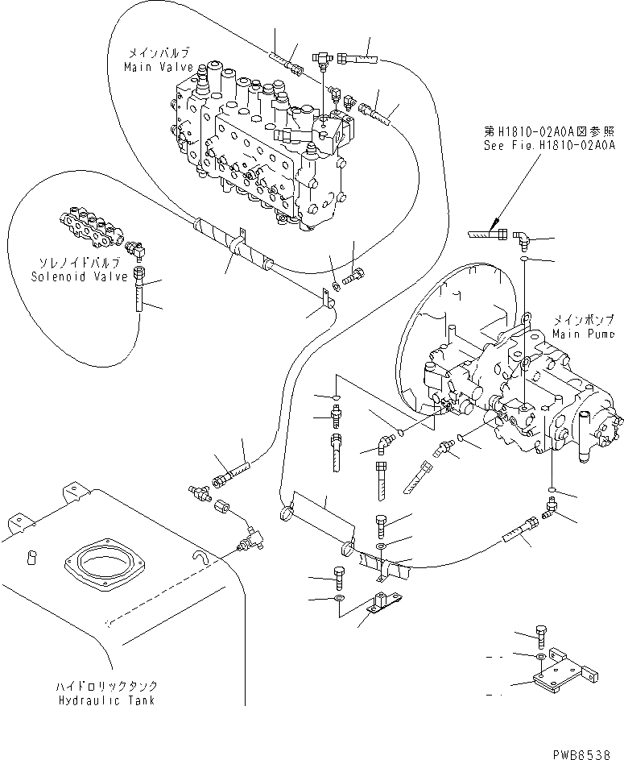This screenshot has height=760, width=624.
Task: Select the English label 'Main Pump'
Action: (584, 334)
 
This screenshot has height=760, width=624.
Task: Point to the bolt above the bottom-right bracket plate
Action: (542, 637)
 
